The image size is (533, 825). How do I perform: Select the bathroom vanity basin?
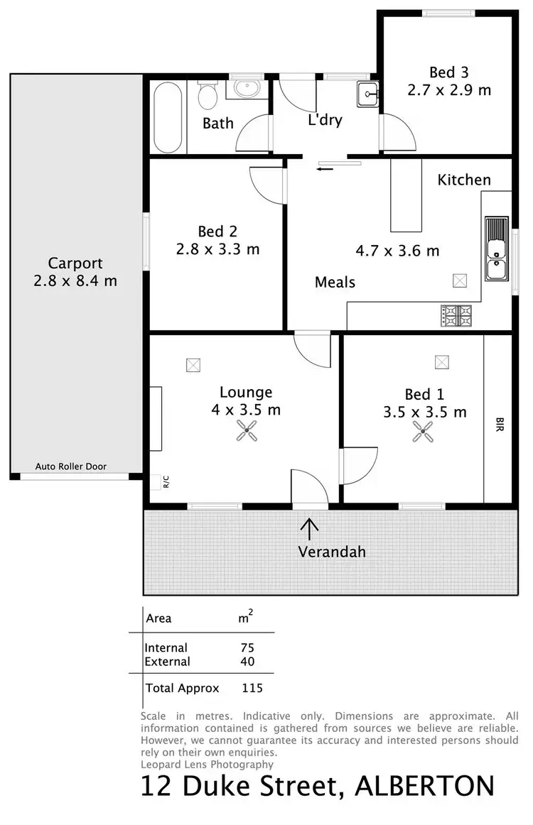tap(246, 89)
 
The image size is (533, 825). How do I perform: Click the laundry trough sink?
tap(367, 91)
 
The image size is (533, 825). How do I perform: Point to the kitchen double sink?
tap(495, 248)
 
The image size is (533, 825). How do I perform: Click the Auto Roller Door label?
tap(81, 466)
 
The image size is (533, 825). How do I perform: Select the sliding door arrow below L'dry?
tap(325, 169)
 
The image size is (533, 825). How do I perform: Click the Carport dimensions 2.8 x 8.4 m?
tap(75, 281)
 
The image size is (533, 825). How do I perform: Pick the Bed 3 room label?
tap(448, 72)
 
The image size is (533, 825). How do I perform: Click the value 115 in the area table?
tap(252, 688)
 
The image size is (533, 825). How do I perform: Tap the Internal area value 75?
tap(247, 648)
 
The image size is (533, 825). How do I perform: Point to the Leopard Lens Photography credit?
tap(208, 764)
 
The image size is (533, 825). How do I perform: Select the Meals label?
tap(335, 283)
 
